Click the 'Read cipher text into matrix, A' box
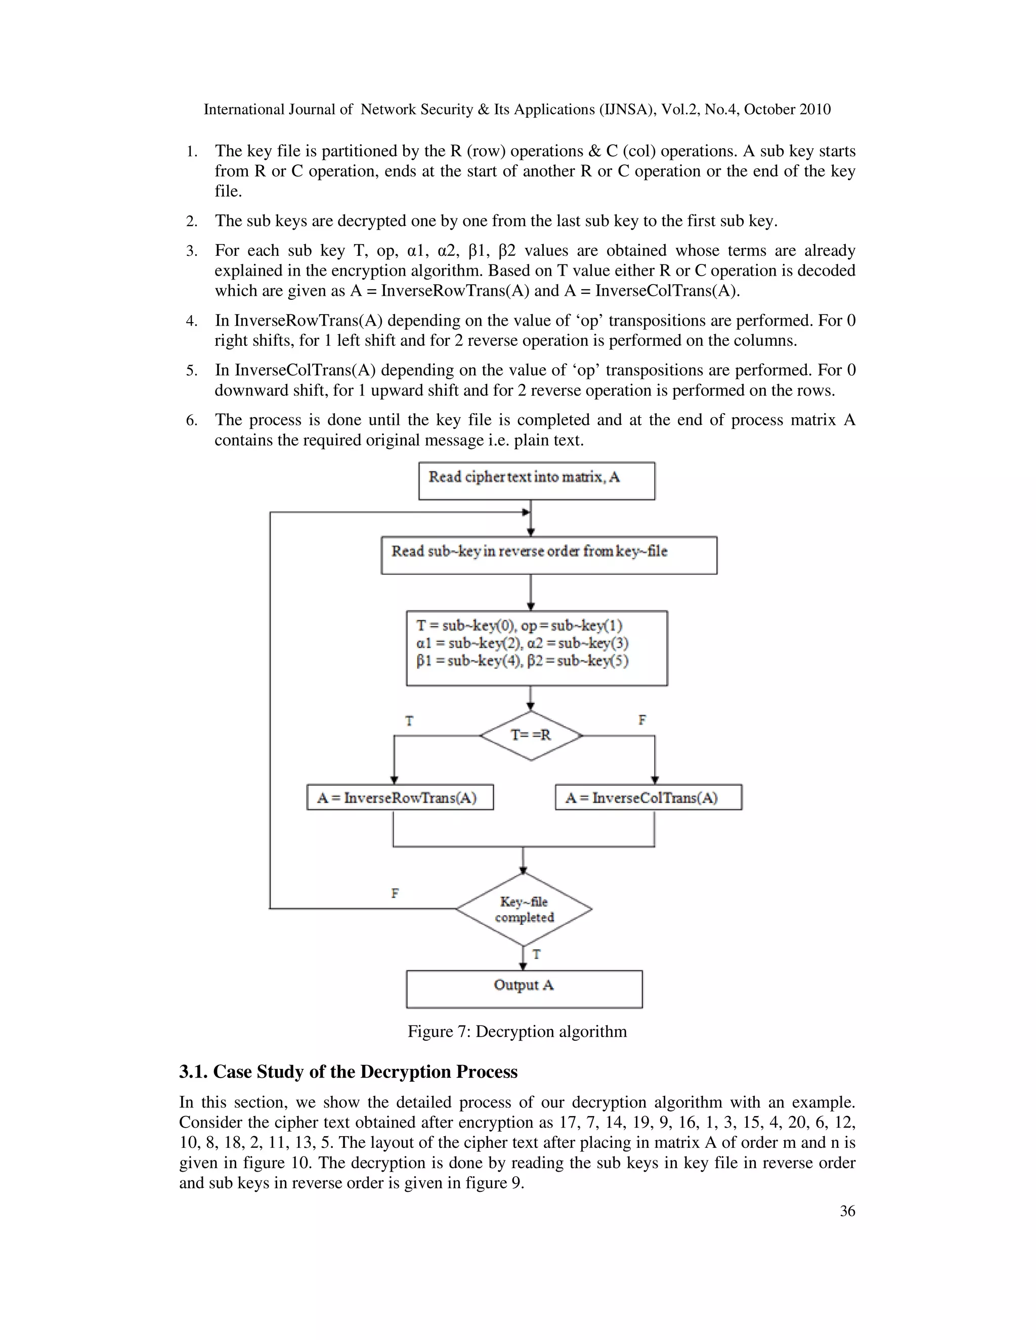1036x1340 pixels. [x=536, y=481]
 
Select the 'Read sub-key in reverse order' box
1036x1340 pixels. [x=549, y=555]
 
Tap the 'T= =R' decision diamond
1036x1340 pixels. [x=531, y=735]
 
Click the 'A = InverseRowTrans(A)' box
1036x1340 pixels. [x=400, y=797]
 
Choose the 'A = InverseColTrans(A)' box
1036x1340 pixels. [x=648, y=797]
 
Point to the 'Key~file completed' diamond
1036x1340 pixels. [x=524, y=909]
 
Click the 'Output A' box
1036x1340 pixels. [x=524, y=989]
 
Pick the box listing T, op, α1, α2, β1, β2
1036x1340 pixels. [x=536, y=647]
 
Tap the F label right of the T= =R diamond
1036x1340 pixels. [x=642, y=720]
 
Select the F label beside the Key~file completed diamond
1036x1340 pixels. [x=395, y=894]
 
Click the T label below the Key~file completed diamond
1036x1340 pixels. [x=536, y=955]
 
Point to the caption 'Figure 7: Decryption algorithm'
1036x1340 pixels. [x=517, y=1032]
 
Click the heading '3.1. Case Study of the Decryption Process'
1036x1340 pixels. [x=348, y=1072]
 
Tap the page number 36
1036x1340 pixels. [x=847, y=1211]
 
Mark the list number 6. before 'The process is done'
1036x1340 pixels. [x=192, y=420]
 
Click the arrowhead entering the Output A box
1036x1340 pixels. [x=524, y=966]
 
